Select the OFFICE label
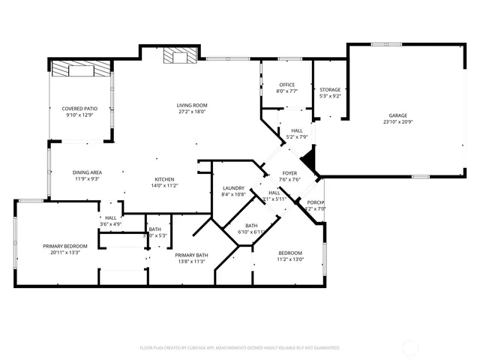click(x=286, y=85)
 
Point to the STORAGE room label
click(x=330, y=89)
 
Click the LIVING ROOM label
click(x=192, y=105)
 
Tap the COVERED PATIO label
click(x=79, y=109)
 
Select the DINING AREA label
click(x=88, y=172)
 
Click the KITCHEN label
click(x=165, y=179)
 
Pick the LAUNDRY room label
click(x=234, y=188)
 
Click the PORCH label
click(x=316, y=202)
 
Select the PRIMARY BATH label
click(x=192, y=256)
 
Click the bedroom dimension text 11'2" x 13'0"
click(x=290, y=259)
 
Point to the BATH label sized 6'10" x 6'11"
click(x=251, y=226)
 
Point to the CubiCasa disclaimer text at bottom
click(x=240, y=348)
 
